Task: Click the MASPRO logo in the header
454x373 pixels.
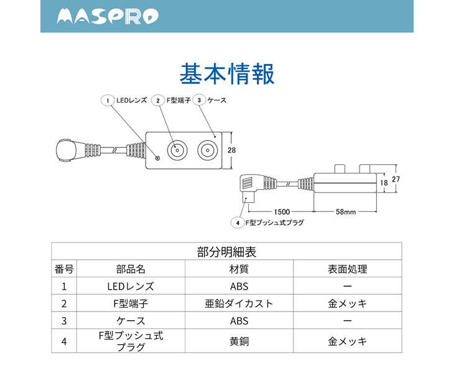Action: [x=108, y=17]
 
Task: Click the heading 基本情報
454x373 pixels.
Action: [x=226, y=73]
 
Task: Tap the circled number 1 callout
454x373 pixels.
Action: [x=108, y=100]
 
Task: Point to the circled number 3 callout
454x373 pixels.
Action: [x=199, y=100]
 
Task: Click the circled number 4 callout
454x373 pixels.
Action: [x=237, y=222]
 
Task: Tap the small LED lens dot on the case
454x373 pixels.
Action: [x=157, y=158]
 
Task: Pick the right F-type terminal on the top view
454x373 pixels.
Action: [x=206, y=150]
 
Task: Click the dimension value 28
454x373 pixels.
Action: [x=231, y=150]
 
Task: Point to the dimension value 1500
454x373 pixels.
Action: [x=281, y=211]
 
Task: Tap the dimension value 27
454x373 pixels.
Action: [x=396, y=179]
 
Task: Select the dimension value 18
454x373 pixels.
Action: [x=384, y=183]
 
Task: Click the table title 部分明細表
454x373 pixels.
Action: [x=226, y=252]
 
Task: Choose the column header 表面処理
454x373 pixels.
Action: [x=347, y=269]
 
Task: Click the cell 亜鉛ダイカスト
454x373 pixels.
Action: [x=239, y=304]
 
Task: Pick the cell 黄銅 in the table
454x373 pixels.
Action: [x=239, y=341]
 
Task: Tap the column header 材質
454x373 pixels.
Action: [x=239, y=269]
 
